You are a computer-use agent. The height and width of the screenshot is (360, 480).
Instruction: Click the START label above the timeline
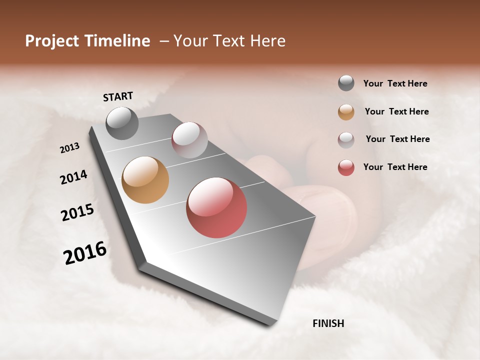(118, 96)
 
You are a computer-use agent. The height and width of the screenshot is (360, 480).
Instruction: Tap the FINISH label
(328, 323)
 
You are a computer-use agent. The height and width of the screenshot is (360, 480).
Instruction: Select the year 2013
(70, 148)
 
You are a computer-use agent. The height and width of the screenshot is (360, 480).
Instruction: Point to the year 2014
(73, 177)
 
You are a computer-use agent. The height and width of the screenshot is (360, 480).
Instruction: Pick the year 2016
(85, 253)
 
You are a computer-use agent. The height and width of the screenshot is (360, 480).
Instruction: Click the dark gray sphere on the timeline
(122, 123)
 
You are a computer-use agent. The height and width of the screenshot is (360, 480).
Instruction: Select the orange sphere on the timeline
(145, 180)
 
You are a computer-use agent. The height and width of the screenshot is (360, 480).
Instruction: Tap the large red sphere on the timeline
(216, 207)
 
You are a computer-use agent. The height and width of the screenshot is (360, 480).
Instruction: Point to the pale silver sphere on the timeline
(189, 140)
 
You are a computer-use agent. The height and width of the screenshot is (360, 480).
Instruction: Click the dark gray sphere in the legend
(346, 83)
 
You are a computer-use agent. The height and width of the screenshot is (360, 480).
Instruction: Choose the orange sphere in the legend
(346, 112)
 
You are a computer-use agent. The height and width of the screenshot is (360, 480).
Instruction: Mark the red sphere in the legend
(346, 167)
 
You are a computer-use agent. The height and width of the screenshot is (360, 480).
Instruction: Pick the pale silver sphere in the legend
(346, 140)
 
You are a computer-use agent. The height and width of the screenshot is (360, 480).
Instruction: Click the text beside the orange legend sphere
(396, 111)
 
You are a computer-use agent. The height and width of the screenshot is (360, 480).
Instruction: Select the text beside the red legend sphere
(395, 167)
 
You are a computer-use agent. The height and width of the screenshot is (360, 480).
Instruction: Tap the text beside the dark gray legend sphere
(395, 83)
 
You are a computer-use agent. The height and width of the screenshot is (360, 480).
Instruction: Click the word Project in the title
(52, 41)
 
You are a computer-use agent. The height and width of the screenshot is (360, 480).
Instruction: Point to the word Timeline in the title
(117, 41)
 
